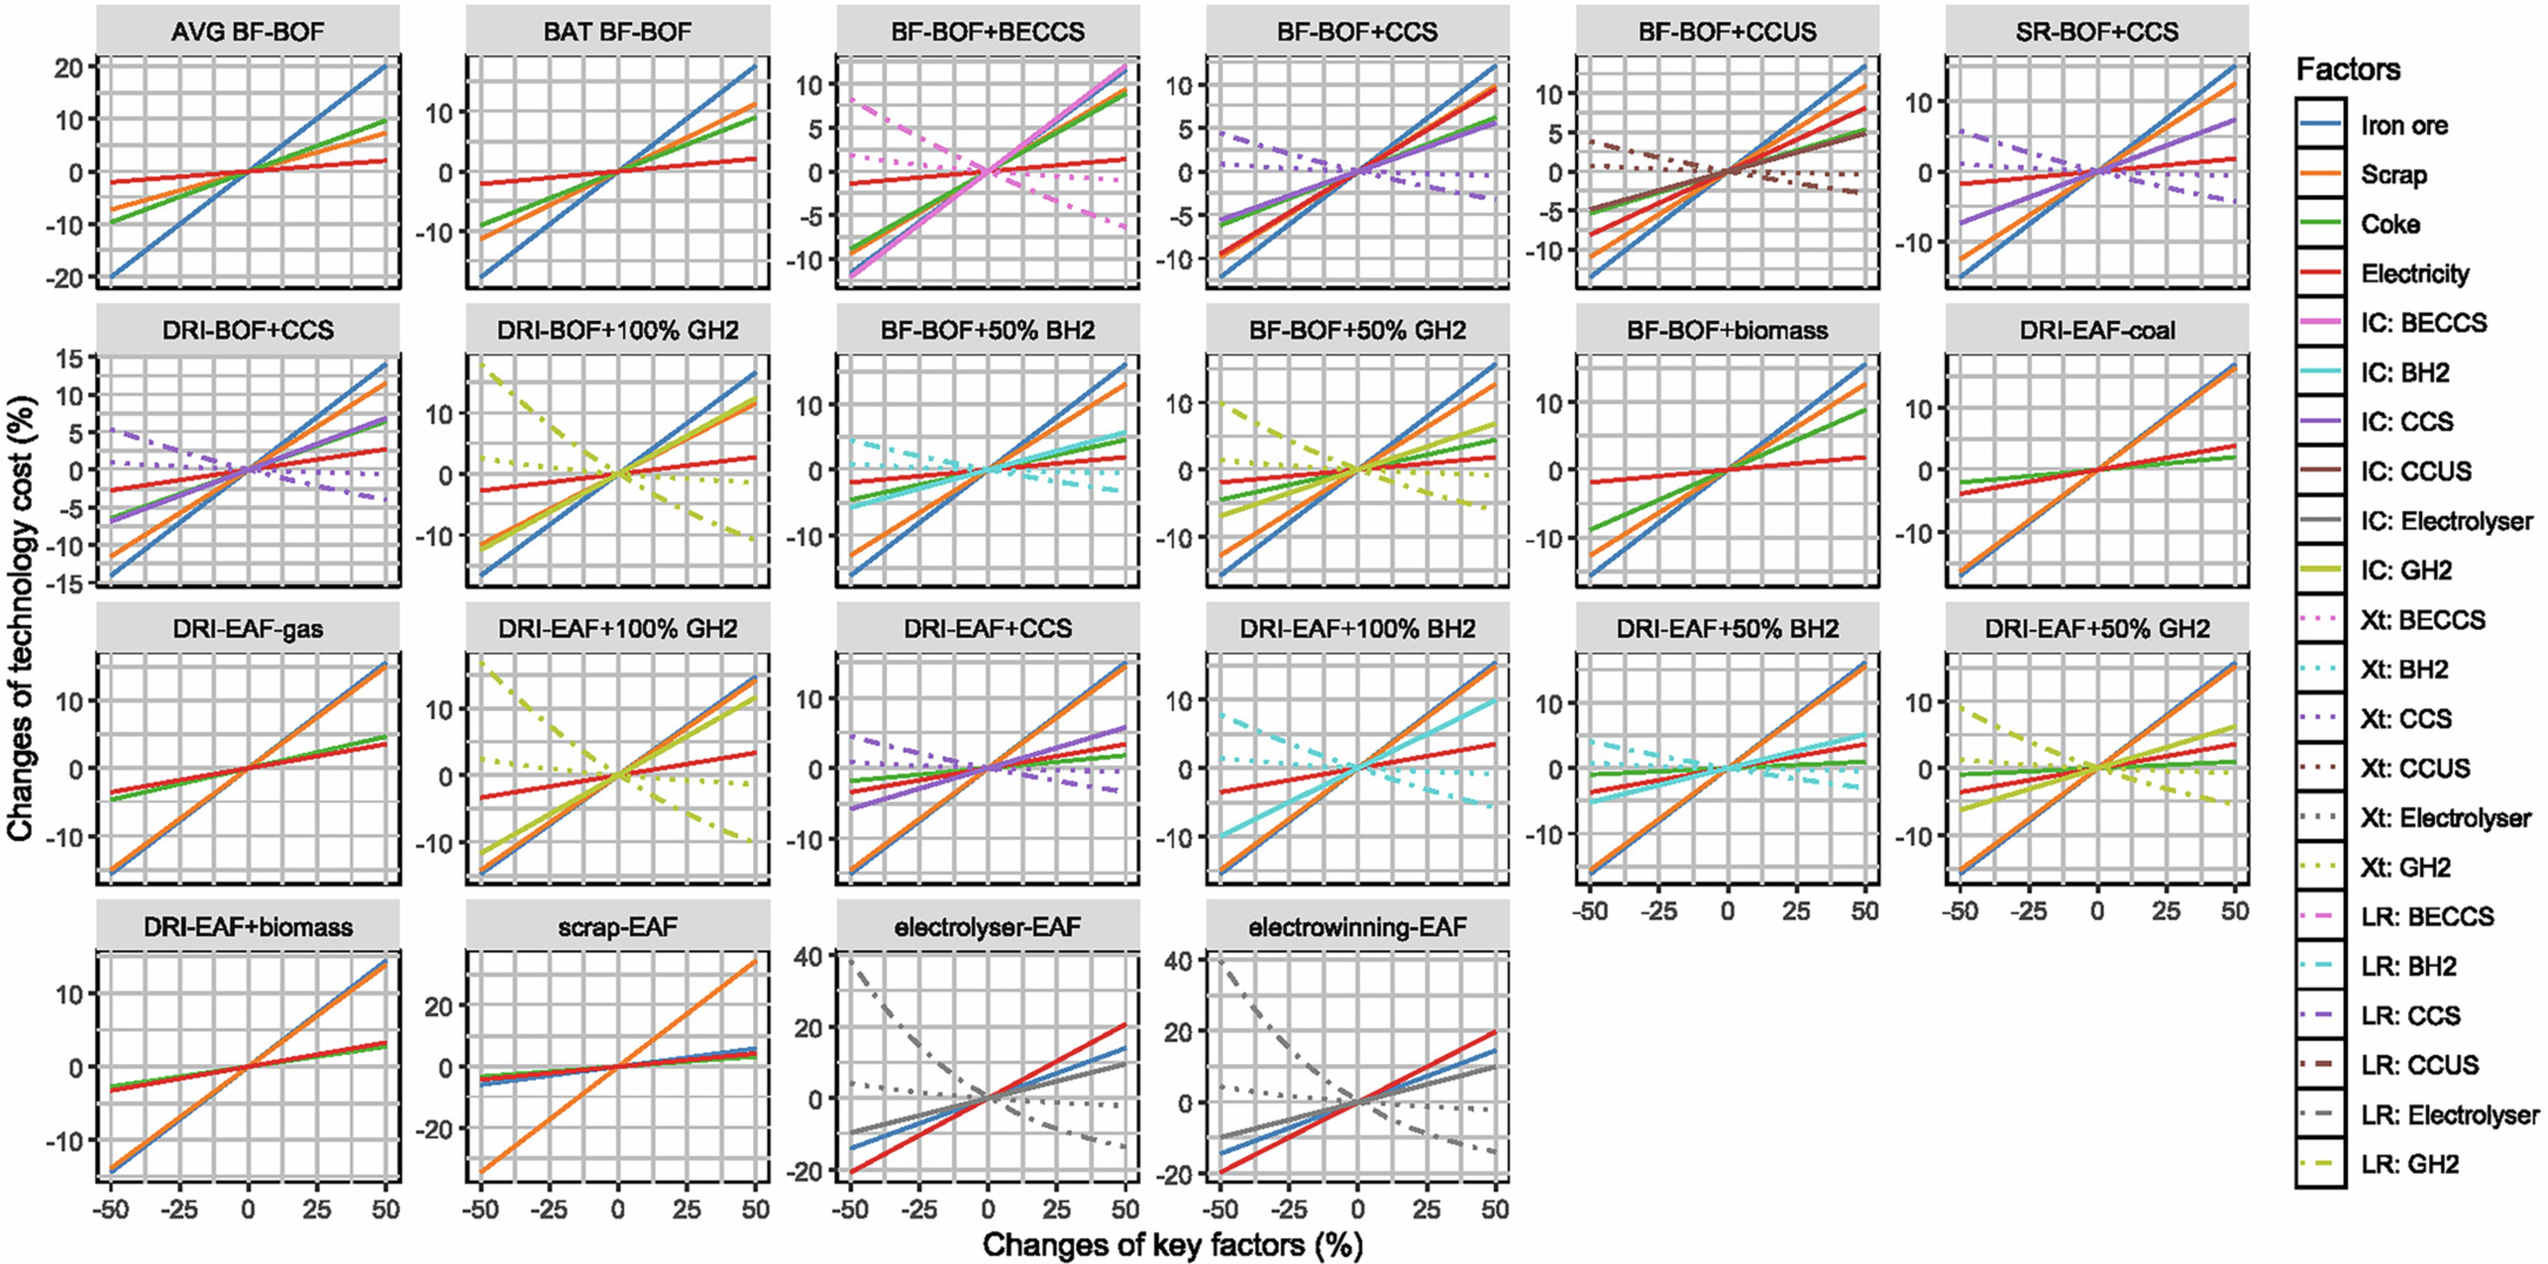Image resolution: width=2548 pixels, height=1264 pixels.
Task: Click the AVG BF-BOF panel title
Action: pos(247,31)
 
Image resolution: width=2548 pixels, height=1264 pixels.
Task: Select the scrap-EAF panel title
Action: pos(617,927)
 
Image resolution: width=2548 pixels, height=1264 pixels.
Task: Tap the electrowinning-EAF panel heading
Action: pos(1357,927)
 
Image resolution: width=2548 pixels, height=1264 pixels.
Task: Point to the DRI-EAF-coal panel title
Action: pos(2097,330)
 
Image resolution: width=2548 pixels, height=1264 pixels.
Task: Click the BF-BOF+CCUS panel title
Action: pos(1727,31)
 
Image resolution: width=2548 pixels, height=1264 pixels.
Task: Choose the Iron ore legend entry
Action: pos(2404,126)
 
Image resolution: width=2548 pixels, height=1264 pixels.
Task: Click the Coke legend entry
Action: pos(2390,224)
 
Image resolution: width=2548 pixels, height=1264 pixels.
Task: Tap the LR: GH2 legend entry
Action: pos(2410,1164)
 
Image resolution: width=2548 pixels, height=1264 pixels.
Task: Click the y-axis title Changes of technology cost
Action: pos(22,618)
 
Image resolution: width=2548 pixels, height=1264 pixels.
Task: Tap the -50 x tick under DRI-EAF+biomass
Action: pos(110,1209)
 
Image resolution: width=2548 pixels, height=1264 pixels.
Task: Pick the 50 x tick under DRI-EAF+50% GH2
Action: pos(2234,910)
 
